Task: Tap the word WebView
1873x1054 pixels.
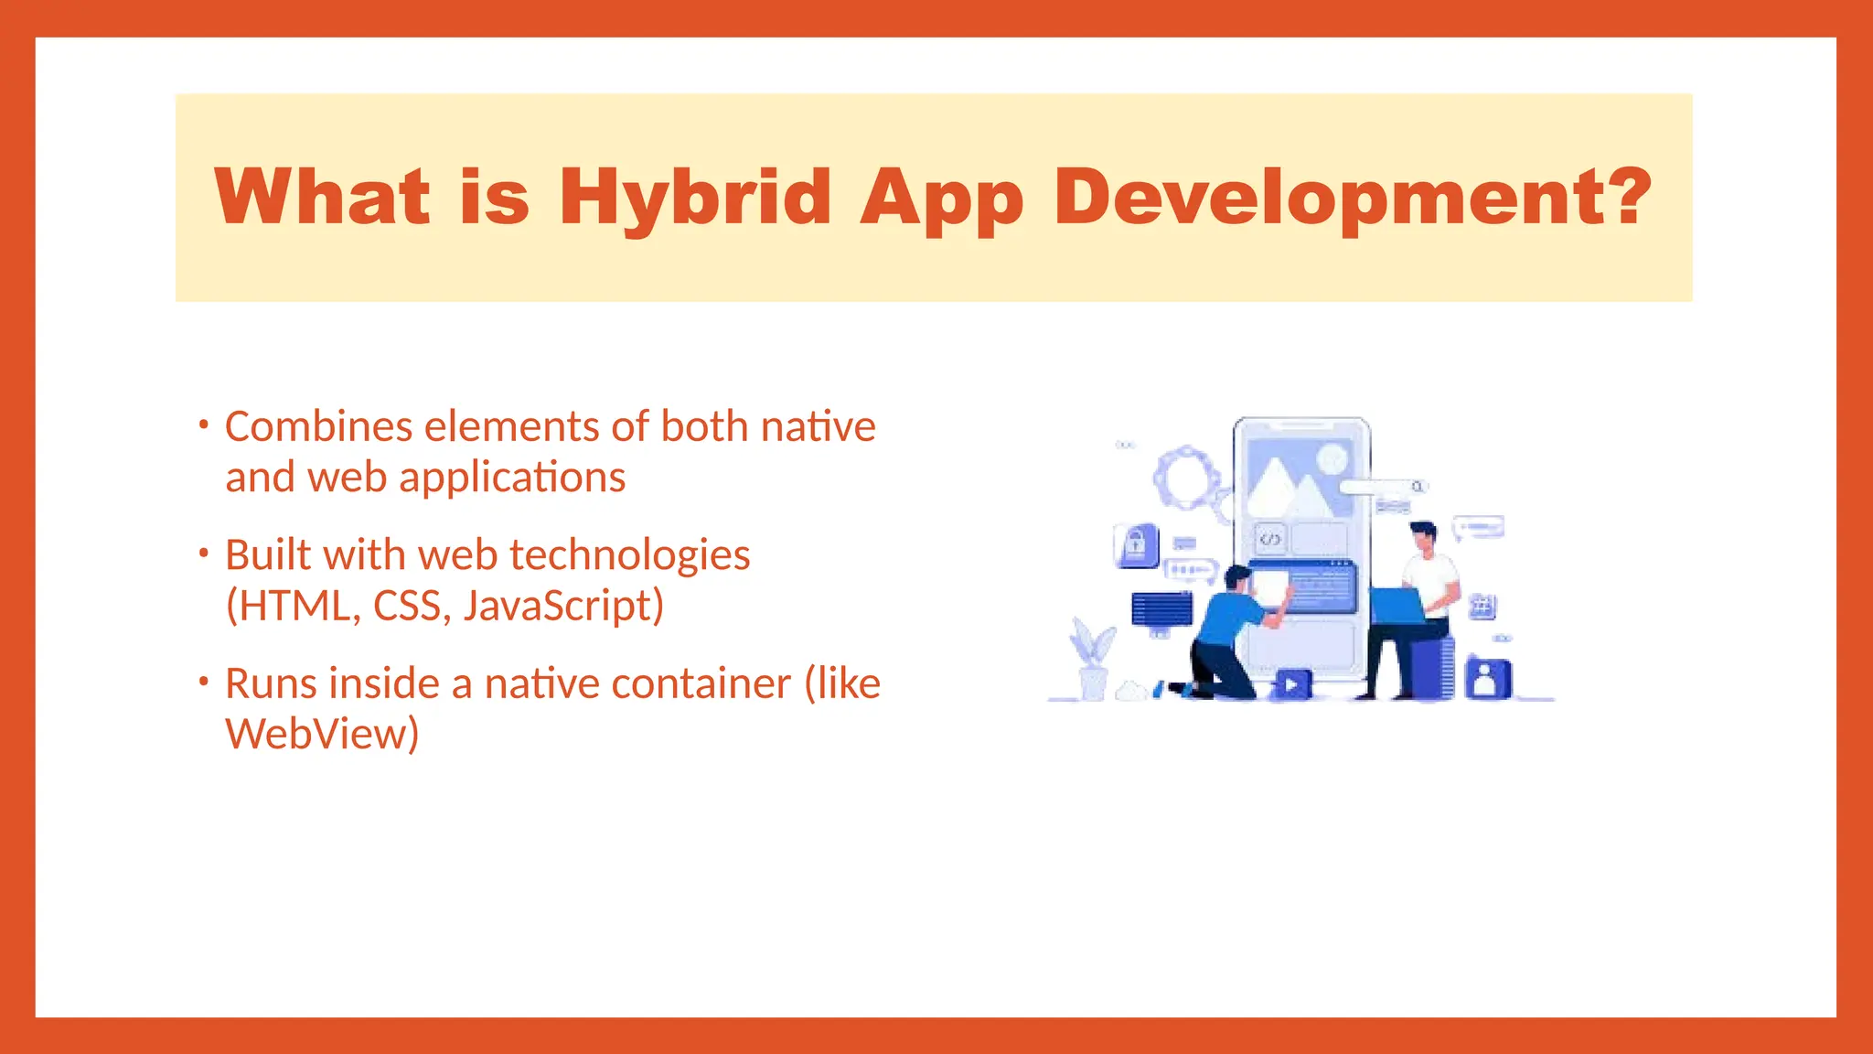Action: tap(322, 734)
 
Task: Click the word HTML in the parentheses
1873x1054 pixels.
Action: tap(293, 606)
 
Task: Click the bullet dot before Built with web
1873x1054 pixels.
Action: tap(204, 554)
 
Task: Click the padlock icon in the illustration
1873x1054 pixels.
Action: tap(1136, 546)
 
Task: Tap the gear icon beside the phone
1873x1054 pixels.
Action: tap(1186, 478)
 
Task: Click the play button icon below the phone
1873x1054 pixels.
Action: tap(1291, 683)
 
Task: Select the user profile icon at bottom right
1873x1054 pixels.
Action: tap(1487, 679)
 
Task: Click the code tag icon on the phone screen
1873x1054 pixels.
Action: tap(1269, 539)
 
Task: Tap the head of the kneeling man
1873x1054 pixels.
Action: tap(1237, 578)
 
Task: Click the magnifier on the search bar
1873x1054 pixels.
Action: tap(1417, 487)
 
